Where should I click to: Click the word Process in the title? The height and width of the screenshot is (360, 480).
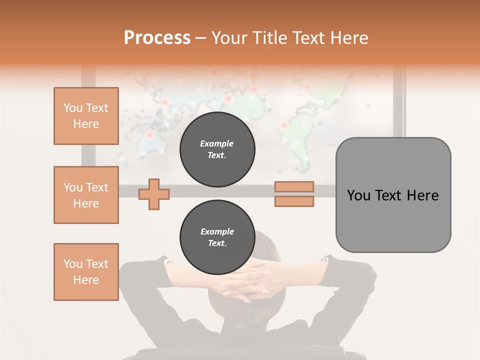tap(157, 38)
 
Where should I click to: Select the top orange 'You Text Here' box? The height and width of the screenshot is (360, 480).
tap(86, 116)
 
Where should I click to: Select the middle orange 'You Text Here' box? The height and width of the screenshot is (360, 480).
tap(86, 195)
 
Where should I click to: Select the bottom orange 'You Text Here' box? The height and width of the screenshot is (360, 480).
tap(86, 272)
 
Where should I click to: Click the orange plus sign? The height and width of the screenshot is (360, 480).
tap(154, 194)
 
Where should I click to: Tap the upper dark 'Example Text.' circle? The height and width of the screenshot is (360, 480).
tap(217, 149)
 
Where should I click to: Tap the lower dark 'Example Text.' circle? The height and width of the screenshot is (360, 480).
tap(217, 237)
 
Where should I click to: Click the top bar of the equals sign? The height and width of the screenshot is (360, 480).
tap(294, 187)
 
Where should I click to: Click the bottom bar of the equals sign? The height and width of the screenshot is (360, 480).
tap(294, 201)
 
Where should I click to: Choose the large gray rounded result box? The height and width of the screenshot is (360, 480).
tap(393, 195)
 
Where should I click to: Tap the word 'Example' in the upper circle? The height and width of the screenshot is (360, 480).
tap(217, 143)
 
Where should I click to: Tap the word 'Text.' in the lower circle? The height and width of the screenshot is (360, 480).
tap(217, 243)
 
